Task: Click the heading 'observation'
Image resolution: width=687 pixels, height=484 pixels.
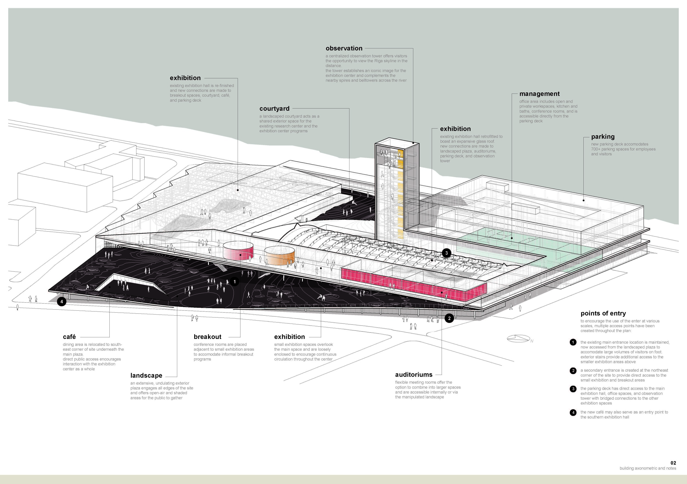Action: tap(344, 48)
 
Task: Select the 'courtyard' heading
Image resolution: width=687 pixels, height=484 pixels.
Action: tap(274, 109)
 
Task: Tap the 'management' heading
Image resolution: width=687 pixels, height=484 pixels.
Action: tap(539, 94)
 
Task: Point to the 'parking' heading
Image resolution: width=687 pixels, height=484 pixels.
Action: tap(603, 137)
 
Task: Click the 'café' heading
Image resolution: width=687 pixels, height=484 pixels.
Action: tap(69, 337)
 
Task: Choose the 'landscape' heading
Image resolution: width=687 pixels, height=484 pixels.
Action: tap(146, 376)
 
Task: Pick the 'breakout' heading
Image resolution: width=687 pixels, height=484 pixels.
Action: tap(207, 337)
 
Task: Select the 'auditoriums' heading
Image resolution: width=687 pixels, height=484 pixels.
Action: tap(414, 375)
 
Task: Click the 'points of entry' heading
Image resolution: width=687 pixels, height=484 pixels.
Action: tap(603, 313)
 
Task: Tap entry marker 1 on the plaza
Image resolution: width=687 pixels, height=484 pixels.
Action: tap(235, 282)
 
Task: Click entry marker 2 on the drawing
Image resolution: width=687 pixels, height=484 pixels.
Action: tap(449, 318)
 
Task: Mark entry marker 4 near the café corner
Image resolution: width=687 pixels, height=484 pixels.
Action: tap(62, 302)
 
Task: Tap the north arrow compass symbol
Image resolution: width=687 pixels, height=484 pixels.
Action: tap(519, 339)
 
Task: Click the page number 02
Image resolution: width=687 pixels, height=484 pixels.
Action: tap(673, 463)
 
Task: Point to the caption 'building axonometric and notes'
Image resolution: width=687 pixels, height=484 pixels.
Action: tap(648, 468)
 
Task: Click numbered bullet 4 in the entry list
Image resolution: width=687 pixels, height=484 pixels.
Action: tap(573, 413)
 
